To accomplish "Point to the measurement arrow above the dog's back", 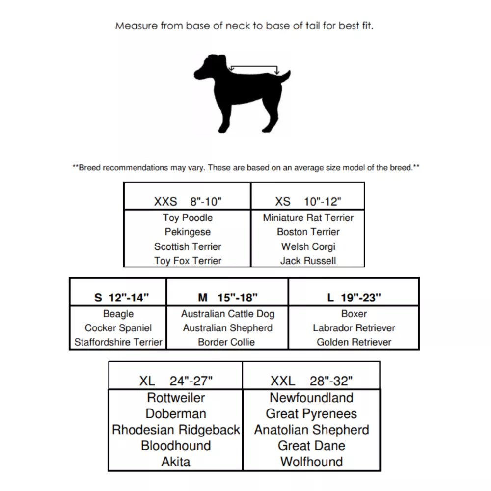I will point(254,67).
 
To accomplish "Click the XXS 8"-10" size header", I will point(188,201).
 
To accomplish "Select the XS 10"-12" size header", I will point(308,201).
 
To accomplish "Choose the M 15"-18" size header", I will point(227,297).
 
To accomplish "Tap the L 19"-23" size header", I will point(354,297).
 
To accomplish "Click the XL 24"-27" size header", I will point(175,381).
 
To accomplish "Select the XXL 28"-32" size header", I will point(311,381).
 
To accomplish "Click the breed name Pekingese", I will point(188,232).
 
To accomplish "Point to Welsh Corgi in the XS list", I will point(308,246).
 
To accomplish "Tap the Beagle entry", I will point(118,314).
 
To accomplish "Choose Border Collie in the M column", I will point(226,342).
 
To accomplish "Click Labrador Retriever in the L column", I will point(354,328).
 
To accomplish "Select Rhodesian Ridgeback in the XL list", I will point(176,430).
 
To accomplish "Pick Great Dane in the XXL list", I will point(311,446).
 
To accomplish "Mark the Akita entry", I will point(175,462).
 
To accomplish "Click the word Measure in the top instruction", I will point(136,26).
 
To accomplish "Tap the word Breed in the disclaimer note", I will point(90,168).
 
